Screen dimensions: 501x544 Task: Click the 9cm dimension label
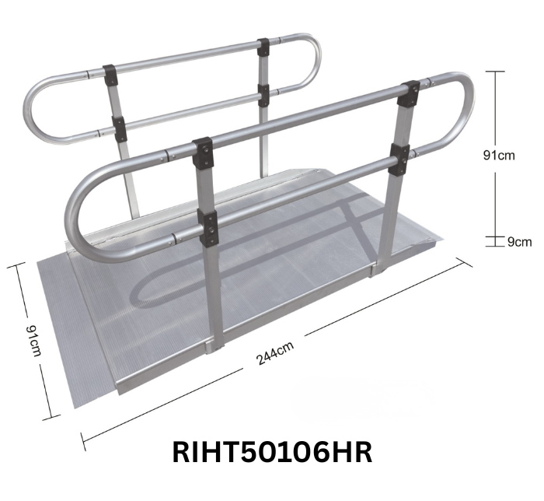[519, 242]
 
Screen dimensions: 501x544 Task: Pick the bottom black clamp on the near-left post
[207, 226]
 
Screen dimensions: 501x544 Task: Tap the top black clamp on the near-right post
[408, 94]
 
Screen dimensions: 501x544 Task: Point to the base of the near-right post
[378, 268]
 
